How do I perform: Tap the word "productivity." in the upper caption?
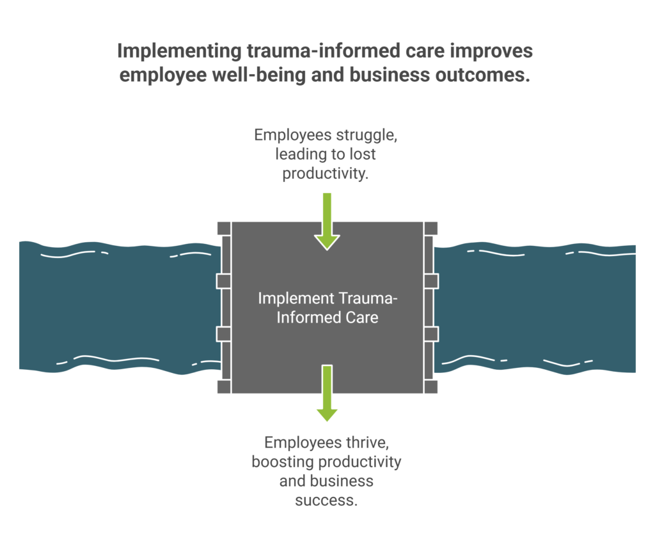[x=326, y=174]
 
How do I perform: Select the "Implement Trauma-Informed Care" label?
[x=327, y=307]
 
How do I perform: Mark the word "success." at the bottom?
[x=326, y=500]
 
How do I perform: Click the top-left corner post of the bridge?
[x=223, y=229]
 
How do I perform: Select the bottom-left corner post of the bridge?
[x=223, y=386]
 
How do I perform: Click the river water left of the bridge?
[x=115, y=307]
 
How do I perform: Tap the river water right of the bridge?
[x=537, y=307]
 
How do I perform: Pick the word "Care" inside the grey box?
[x=362, y=317]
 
